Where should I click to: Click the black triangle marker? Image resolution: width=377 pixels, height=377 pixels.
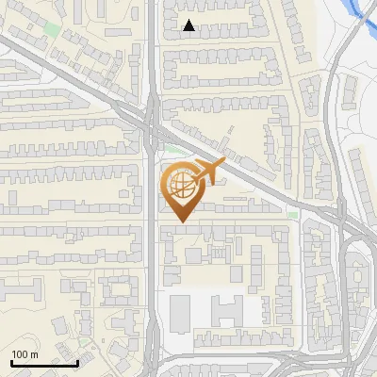tap(189, 25)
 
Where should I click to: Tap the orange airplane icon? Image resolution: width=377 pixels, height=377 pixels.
tap(210, 170)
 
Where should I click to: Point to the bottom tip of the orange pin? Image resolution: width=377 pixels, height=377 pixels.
tap(179, 222)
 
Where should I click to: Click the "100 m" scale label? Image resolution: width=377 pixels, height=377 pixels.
tap(25, 354)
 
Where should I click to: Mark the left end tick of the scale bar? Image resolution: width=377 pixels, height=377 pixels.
tap(11, 362)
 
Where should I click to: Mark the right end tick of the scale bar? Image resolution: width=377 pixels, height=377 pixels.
tap(77, 362)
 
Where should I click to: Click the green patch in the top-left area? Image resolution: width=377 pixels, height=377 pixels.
tap(50, 28)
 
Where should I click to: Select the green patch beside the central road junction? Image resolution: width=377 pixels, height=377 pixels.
tap(170, 147)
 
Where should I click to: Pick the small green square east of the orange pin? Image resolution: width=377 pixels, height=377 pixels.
tap(293, 215)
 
